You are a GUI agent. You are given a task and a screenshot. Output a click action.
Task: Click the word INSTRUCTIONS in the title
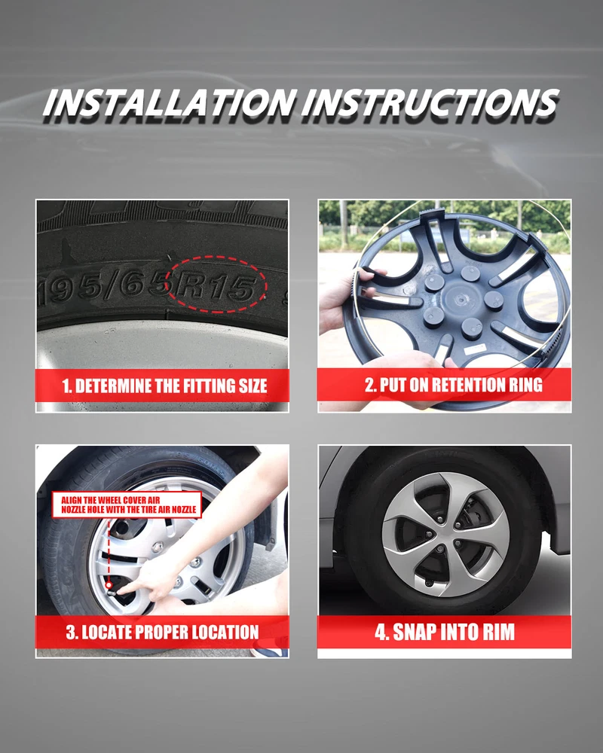pos(430,102)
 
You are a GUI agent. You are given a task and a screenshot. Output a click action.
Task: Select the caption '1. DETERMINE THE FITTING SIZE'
pos(164,386)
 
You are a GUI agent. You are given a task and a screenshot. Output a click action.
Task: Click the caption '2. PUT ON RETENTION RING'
pos(454,385)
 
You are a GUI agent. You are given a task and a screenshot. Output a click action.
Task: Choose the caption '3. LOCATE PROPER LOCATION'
pos(163,632)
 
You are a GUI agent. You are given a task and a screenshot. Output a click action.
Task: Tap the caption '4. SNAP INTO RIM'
pos(445,632)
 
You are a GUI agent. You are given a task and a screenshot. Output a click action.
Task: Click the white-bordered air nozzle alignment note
pos(127,505)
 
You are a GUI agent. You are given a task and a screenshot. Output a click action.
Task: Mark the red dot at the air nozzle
pos(109,585)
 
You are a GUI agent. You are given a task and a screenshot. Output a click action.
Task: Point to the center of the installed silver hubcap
pos(446,535)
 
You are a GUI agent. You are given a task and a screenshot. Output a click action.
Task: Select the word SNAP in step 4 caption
pos(414,632)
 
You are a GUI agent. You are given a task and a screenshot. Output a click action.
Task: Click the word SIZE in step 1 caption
pos(253,386)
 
